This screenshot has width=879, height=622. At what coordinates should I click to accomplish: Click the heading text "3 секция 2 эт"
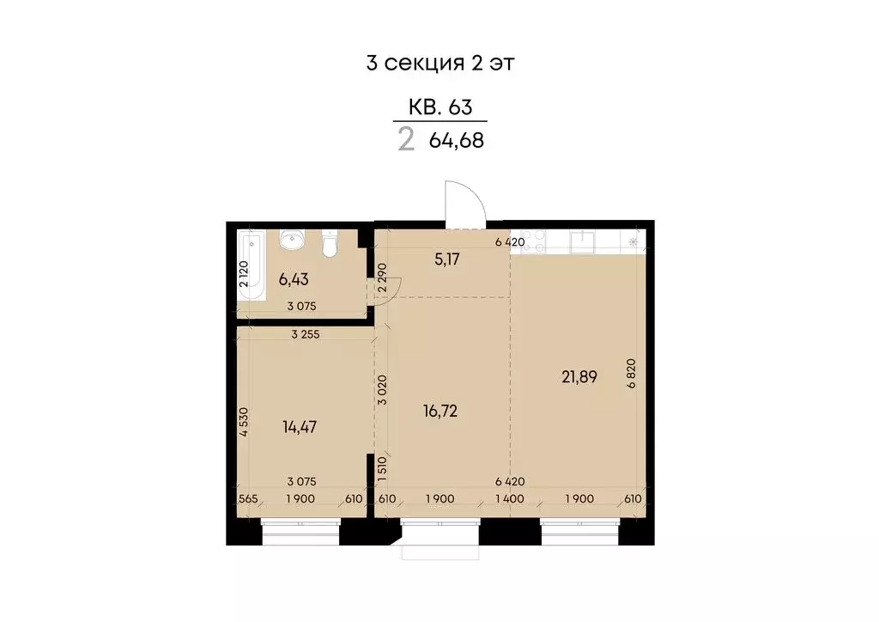click(439, 64)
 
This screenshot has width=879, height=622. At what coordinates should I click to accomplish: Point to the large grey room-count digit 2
click(406, 139)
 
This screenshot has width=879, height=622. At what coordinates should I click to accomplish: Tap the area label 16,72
click(440, 411)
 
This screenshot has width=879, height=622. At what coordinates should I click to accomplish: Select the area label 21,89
click(577, 375)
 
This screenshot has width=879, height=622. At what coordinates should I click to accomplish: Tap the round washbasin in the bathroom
click(292, 240)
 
